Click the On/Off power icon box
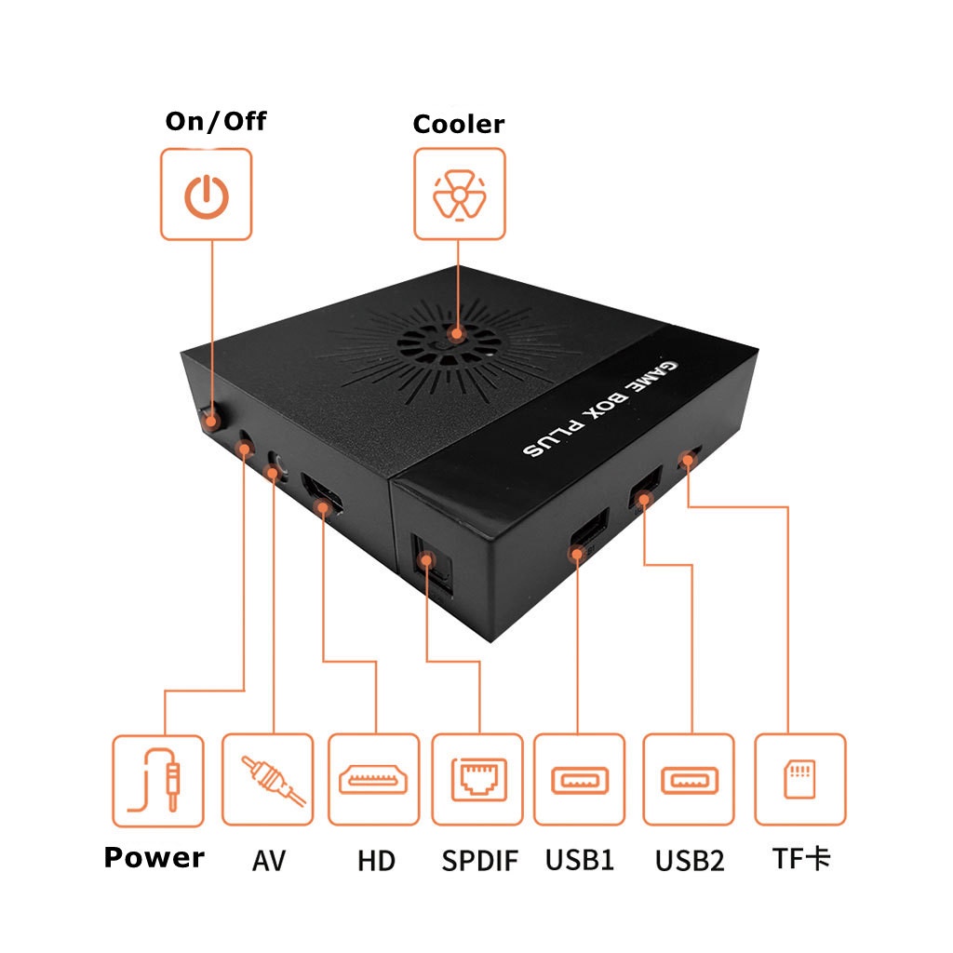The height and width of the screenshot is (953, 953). [x=206, y=194]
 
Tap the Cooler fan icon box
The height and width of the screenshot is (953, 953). [x=459, y=194]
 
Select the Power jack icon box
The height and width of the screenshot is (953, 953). [x=157, y=780]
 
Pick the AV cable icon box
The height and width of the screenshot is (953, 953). [x=267, y=780]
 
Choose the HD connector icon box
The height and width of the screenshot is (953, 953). [x=373, y=780]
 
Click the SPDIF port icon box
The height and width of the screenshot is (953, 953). [x=477, y=780]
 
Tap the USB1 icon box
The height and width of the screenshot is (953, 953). [x=579, y=780]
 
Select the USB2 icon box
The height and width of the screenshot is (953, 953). [x=689, y=780]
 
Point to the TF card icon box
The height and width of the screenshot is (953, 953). [x=799, y=780]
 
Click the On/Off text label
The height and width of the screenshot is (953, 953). [x=216, y=121]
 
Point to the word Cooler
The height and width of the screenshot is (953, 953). [x=459, y=124]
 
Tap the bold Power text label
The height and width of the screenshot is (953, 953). [x=154, y=857]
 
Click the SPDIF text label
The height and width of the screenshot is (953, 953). [x=479, y=860]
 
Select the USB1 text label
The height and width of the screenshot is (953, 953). [x=580, y=859]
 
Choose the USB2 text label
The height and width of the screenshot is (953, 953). [x=690, y=860]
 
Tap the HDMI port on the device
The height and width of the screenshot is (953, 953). [x=323, y=497]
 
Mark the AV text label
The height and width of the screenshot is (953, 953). [x=268, y=860]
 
